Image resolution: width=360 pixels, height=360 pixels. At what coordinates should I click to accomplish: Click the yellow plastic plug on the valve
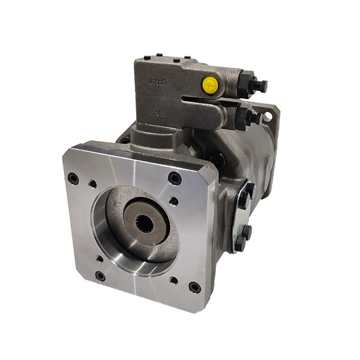coord(210,85)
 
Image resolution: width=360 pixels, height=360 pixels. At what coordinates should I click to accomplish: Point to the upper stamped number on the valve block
coord(158,80)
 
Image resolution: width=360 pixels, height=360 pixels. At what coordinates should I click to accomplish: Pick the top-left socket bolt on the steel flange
coord(73,178)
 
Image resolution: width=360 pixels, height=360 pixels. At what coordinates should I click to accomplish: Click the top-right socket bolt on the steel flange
coord(175,178)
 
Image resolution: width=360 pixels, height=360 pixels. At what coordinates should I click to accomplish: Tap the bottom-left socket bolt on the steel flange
coord(100,276)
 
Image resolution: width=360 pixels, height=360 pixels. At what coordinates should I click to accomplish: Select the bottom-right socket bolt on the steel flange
coord(195,287)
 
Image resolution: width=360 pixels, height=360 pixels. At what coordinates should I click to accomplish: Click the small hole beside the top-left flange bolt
coord(91,185)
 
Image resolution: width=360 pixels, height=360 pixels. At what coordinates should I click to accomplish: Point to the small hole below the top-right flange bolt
coord(173,202)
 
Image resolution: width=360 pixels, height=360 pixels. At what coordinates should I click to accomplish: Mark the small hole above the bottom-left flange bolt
coord(99,259)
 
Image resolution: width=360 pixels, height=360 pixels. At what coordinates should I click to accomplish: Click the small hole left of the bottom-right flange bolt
coord(173,280)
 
